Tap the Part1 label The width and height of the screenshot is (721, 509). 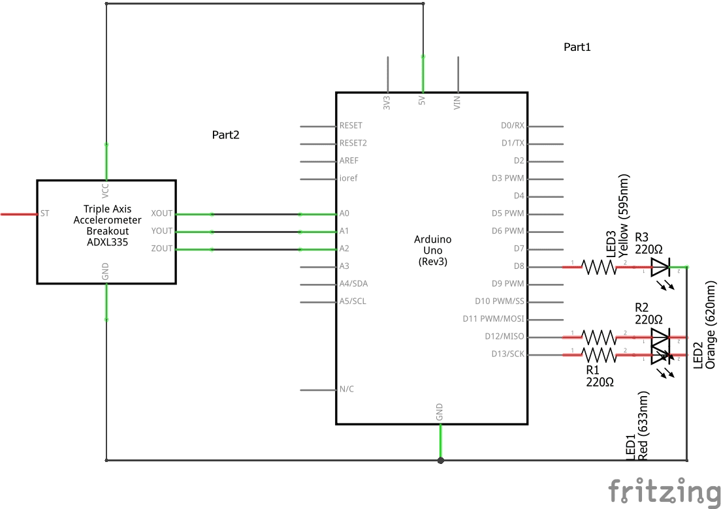[577, 47]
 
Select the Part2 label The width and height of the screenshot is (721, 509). [226, 135]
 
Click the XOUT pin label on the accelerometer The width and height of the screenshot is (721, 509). [161, 213]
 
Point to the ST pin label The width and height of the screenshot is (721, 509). [44, 213]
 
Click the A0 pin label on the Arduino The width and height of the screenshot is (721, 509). [344, 213]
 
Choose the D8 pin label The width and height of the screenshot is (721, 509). [519, 266]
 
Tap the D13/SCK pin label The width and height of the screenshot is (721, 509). [508, 354]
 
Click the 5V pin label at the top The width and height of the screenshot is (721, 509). [422, 100]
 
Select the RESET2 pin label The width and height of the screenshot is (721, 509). [353, 143]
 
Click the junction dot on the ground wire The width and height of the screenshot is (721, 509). [441, 460]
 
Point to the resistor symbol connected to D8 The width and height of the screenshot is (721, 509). [599, 266]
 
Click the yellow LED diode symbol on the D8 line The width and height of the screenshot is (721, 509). [660, 266]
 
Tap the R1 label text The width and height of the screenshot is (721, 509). [594, 370]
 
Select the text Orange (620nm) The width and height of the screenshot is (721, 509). [711, 325]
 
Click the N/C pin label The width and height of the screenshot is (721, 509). [347, 390]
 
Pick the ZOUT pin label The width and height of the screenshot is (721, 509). [161, 249]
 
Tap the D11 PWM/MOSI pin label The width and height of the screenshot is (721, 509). [493, 319]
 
